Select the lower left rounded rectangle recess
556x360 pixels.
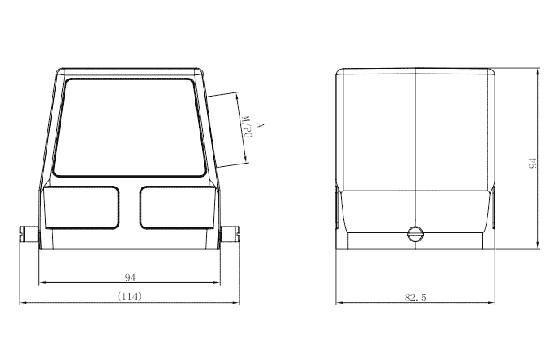(x=82, y=207)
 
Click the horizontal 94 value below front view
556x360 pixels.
(x=129, y=277)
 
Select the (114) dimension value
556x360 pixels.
(x=129, y=296)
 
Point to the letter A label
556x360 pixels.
(x=259, y=125)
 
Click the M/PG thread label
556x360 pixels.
(x=246, y=127)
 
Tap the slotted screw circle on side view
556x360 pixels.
(x=416, y=235)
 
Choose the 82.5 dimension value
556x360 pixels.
(x=415, y=297)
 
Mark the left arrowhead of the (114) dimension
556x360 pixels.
(x=23, y=304)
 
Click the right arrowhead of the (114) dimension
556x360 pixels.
(x=236, y=304)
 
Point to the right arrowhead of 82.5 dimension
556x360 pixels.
(x=495, y=304)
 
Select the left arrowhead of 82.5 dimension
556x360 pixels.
(x=339, y=304)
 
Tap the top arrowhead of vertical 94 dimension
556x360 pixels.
(x=537, y=71)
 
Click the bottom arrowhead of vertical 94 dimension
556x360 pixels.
(x=537, y=245)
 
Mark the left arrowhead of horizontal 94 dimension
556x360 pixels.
(x=42, y=284)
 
